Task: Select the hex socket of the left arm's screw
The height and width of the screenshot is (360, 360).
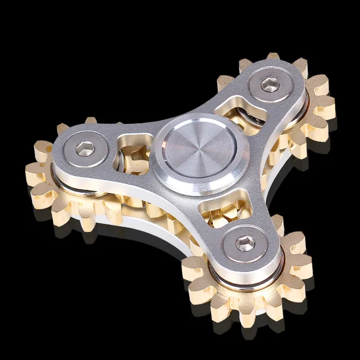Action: [85, 150]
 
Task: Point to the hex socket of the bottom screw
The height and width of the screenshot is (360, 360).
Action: [244, 244]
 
